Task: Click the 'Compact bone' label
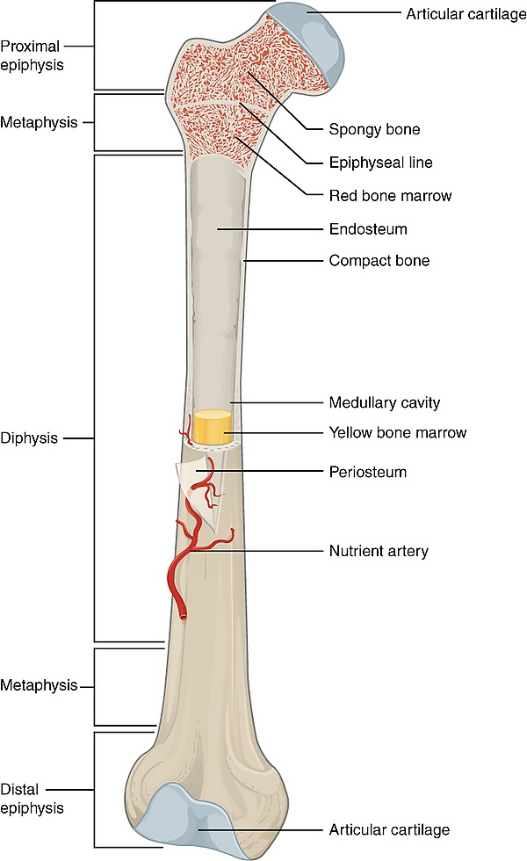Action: point(379,261)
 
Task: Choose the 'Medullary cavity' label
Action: point(384,403)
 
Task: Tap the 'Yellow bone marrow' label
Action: point(397,432)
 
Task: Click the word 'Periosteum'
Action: point(368,472)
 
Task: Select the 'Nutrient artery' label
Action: point(378,551)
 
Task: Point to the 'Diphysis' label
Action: point(29,438)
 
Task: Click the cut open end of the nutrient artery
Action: point(182,617)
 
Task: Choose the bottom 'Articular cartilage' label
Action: point(389,829)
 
